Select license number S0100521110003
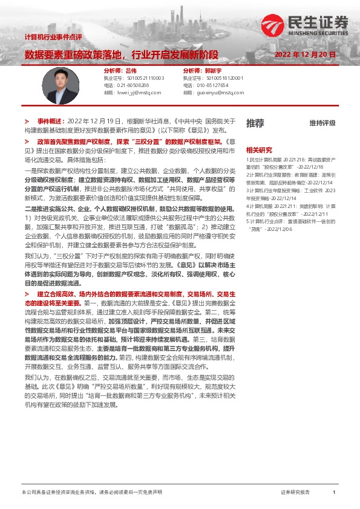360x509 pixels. [x=145, y=79]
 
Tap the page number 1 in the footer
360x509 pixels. [x=334, y=493]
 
